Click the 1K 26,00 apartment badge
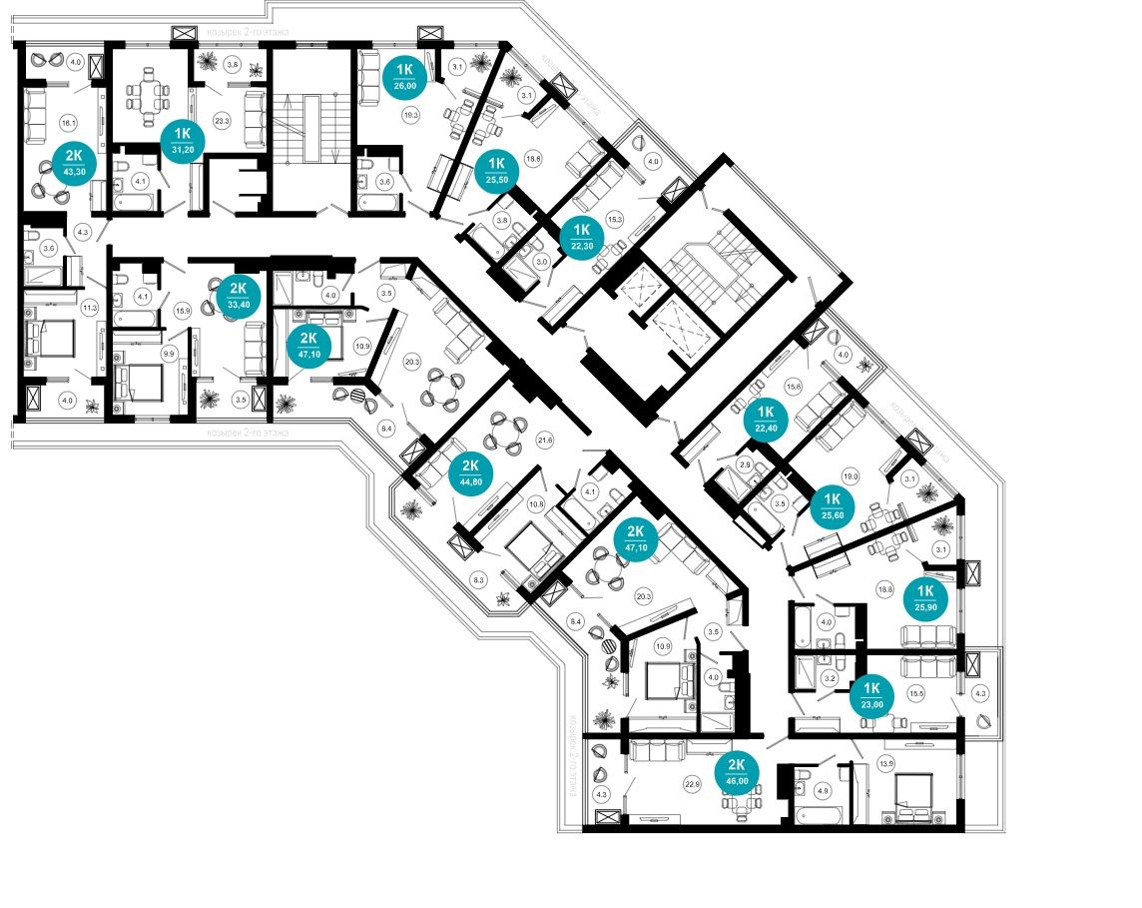tap(405, 76)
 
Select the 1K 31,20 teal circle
tap(183, 141)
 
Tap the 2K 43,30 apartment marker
tap(75, 159)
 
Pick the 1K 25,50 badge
tap(495, 169)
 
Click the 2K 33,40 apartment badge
tap(239, 295)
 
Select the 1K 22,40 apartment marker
tap(767, 419)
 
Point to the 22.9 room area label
tap(691, 784)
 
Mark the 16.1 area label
tap(67, 124)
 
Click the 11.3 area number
tap(90, 309)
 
